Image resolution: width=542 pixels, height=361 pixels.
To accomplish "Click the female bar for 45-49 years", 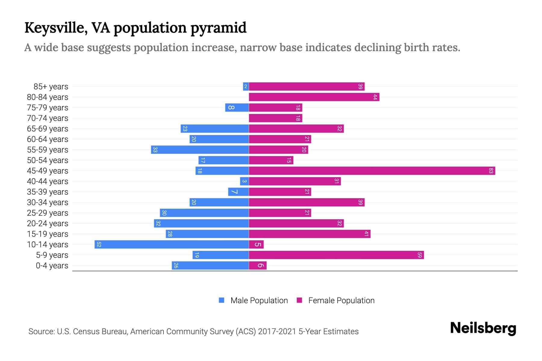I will (372, 171).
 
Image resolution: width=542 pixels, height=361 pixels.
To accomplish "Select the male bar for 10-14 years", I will (172, 245).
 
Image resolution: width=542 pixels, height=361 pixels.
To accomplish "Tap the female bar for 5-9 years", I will (336, 255).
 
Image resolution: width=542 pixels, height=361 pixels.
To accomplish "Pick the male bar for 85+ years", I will (246, 87).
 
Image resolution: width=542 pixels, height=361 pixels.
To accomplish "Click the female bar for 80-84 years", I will (314, 97).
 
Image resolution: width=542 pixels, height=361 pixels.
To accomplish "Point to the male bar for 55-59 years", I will (200, 150).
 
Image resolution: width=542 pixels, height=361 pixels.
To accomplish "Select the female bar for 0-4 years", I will (258, 266).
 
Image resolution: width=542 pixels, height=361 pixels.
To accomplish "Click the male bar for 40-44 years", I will (244, 181).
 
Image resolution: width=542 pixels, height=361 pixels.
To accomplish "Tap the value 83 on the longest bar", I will (491, 171).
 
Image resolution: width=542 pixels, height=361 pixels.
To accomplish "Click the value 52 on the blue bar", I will (99, 245).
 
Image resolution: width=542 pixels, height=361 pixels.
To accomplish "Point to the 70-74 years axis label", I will (48, 118).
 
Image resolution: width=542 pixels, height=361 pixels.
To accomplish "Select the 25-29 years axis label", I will (48, 213).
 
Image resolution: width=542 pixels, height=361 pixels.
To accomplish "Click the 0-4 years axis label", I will (52, 266).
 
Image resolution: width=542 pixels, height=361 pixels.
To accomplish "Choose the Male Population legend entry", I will (259, 301).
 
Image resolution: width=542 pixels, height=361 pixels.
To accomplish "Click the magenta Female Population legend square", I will (299, 300).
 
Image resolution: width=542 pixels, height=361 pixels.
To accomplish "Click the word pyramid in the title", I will (218, 28).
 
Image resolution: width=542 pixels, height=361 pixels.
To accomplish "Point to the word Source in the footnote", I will (41, 332).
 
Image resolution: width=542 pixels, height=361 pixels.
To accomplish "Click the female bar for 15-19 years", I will (310, 234).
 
